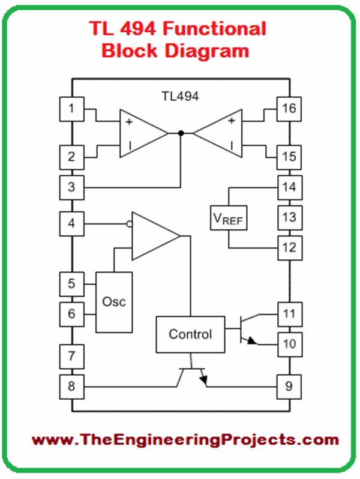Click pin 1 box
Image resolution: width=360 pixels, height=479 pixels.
72,109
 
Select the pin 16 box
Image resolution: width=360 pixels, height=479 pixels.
289,109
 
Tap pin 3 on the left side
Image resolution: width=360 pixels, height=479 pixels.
72,188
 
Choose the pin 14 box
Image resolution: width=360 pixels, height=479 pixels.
289,187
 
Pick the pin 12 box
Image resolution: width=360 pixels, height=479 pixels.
289,246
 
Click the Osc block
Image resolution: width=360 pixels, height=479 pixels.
114,301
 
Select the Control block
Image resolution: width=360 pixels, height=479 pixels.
190,334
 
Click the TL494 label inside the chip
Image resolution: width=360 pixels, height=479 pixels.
180,95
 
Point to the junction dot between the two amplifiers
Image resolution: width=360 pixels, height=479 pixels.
181,133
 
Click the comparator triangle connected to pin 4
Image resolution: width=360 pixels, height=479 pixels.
153,235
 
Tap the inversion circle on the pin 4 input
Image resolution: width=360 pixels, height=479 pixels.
128,224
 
